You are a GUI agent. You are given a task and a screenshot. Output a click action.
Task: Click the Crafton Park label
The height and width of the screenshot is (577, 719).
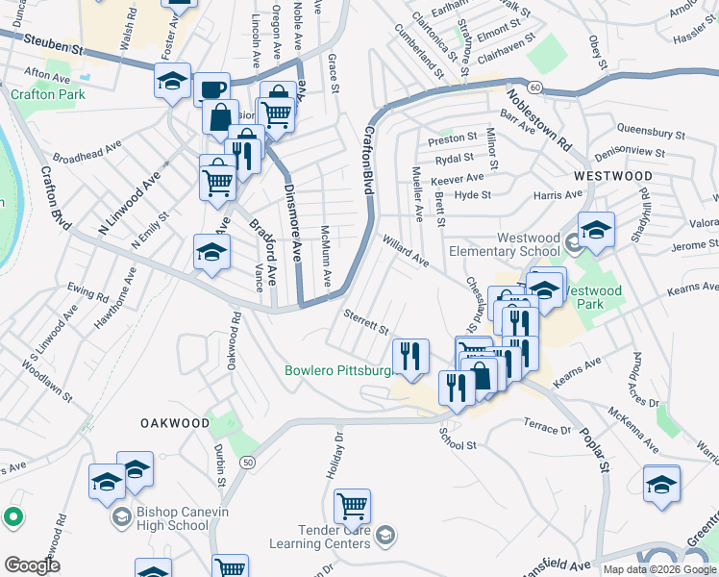48,94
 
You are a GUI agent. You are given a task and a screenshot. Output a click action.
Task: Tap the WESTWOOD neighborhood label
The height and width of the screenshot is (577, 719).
612,177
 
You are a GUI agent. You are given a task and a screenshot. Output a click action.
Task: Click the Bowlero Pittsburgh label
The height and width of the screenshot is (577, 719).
341,370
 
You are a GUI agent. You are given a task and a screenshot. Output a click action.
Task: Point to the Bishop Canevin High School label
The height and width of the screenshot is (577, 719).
173,519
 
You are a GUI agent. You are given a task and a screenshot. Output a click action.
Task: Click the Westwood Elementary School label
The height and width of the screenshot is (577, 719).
528,244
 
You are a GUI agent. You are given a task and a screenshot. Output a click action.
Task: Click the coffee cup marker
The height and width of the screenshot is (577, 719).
211,89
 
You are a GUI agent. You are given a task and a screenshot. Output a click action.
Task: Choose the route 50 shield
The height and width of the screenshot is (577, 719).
248,463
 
